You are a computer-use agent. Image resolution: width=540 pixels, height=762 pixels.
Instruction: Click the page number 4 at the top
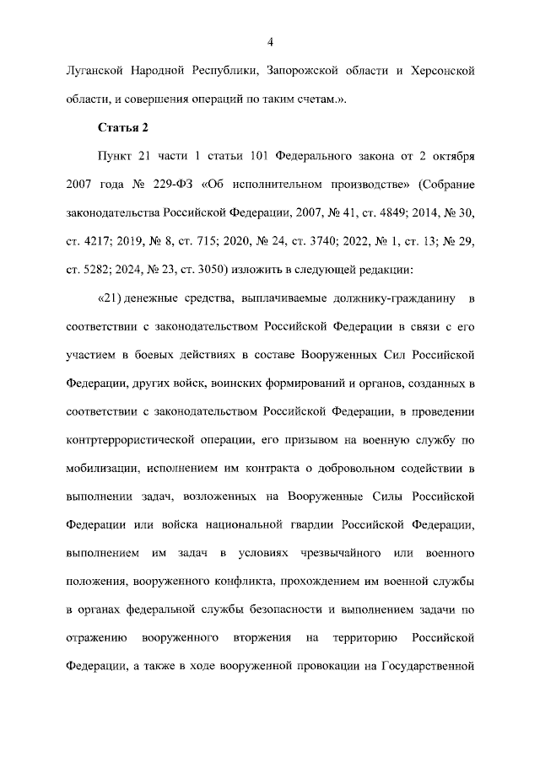pos(270,43)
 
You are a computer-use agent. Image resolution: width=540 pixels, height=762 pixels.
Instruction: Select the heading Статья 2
pos(123,127)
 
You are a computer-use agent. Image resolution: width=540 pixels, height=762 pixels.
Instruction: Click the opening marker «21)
pos(112,298)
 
